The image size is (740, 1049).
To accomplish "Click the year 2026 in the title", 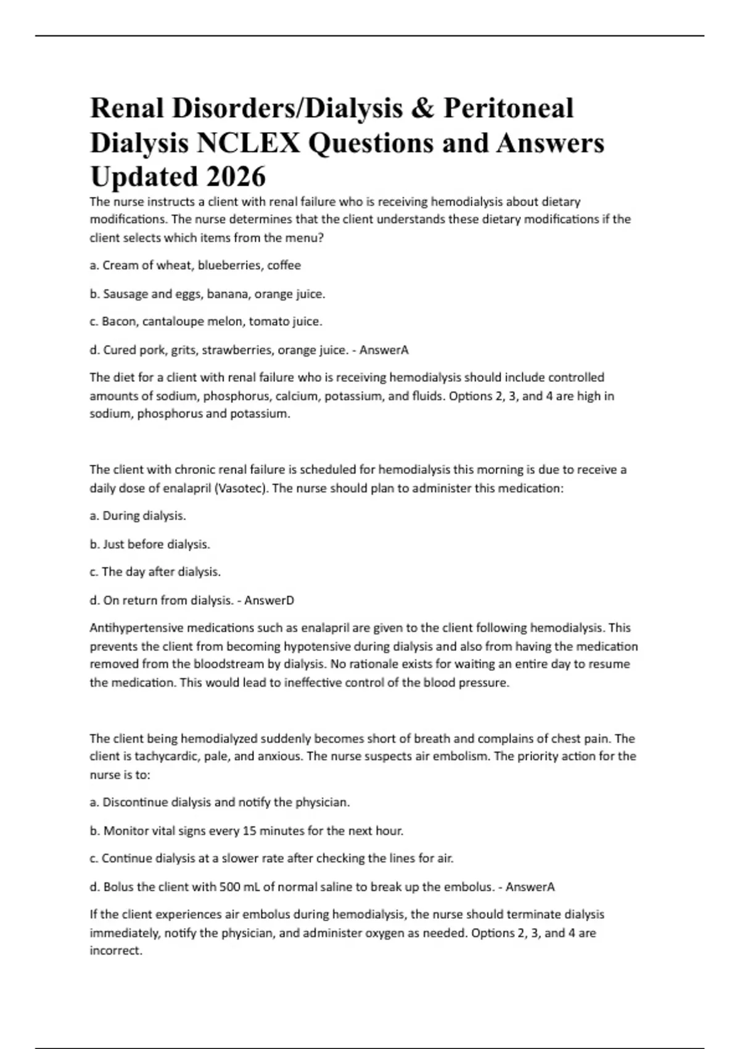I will (x=236, y=177).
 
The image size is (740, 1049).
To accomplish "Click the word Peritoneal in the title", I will (x=508, y=109).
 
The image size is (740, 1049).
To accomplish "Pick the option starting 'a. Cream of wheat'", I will (x=195, y=265).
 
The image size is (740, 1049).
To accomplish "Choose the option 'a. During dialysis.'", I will (x=138, y=515).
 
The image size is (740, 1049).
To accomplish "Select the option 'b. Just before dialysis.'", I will (x=150, y=544).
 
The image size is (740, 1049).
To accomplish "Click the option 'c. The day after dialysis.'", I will (x=155, y=572).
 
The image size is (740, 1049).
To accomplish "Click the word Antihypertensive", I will (x=136, y=628).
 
